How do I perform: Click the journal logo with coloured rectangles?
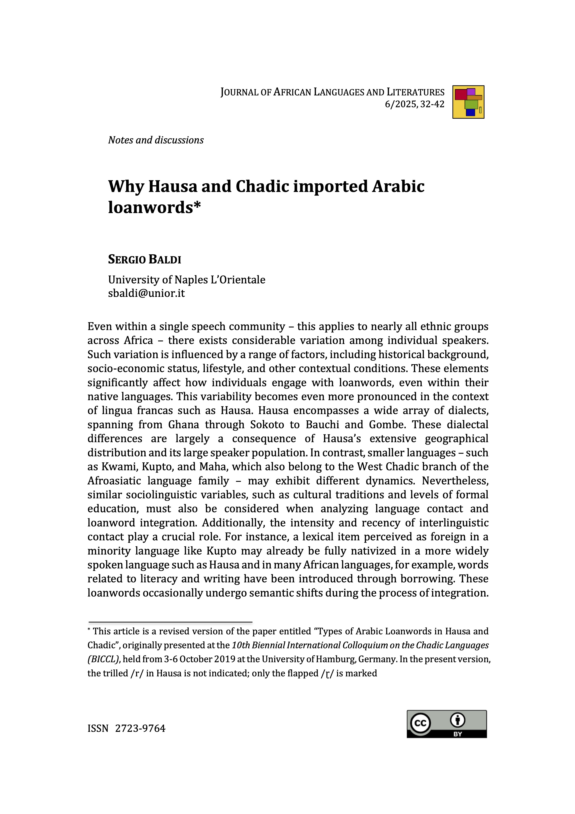click(x=468, y=102)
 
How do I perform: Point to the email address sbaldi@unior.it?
click(x=146, y=293)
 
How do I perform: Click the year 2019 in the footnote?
click(x=225, y=659)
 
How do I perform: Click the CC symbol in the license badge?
click(x=420, y=723)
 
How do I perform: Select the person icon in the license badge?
click(x=457, y=720)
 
